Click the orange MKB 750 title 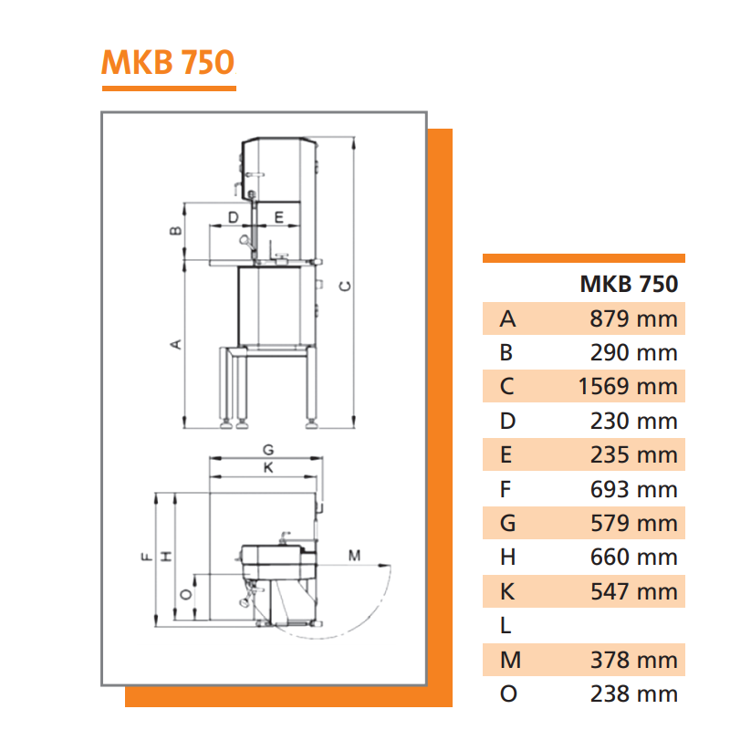[168, 62]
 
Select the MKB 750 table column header [629, 284]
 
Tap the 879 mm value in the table [633, 318]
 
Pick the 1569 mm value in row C [628, 386]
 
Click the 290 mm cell [633, 353]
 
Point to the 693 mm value [633, 489]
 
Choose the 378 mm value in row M [633, 660]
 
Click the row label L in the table [506, 626]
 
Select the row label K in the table [507, 591]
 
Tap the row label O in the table [508, 693]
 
